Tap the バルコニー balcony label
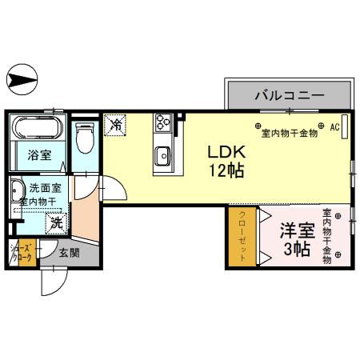290,95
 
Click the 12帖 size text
226,170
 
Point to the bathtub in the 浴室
38,128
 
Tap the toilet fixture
84,138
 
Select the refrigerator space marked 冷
116,124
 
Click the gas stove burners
164,122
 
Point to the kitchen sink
162,154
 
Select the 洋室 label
294,230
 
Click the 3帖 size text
294,249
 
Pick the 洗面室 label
46,188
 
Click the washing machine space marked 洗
57,222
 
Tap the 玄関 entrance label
69,252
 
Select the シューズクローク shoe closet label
22,254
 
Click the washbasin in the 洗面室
17,194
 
